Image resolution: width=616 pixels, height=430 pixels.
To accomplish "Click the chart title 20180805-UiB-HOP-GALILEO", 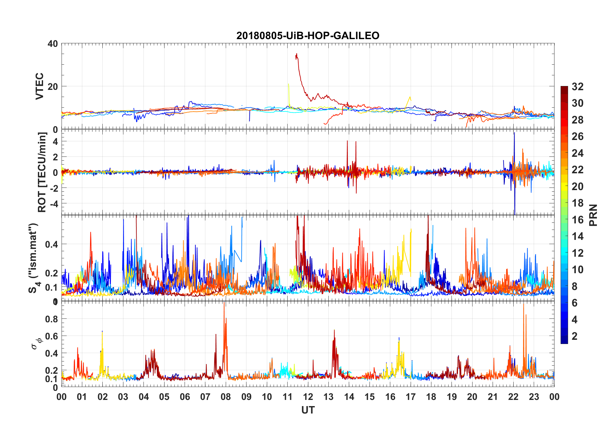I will click(308, 36).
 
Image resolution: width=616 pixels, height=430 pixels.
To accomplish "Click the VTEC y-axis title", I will click(40, 86).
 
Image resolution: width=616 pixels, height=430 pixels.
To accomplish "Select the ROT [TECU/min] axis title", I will click(42, 172).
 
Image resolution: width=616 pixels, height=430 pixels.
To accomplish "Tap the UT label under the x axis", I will click(308, 410).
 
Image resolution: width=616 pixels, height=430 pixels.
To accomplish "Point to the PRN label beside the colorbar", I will click(593, 215).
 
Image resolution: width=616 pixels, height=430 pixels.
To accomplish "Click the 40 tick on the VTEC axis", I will click(53, 44).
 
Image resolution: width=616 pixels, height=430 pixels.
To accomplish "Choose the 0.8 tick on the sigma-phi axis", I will click(52, 319).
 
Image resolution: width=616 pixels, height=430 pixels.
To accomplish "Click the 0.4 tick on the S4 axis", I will click(52, 244).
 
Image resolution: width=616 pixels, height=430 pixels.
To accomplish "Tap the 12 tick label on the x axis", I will click(308, 397).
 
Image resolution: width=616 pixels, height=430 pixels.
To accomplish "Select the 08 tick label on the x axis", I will click(226, 397).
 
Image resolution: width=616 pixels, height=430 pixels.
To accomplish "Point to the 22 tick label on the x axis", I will click(513, 397).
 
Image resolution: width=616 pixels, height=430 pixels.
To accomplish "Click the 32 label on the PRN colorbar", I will click(577, 87).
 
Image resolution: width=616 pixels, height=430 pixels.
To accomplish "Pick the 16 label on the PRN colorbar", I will click(577, 220).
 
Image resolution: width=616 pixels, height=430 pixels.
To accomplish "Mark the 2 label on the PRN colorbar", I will click(575, 336).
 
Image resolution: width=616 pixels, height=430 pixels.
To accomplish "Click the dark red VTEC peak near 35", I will click(296, 54).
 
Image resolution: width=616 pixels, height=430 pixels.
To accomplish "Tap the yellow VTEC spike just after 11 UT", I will click(288, 85).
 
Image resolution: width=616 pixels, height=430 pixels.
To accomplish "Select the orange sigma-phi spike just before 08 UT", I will click(224, 304).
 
